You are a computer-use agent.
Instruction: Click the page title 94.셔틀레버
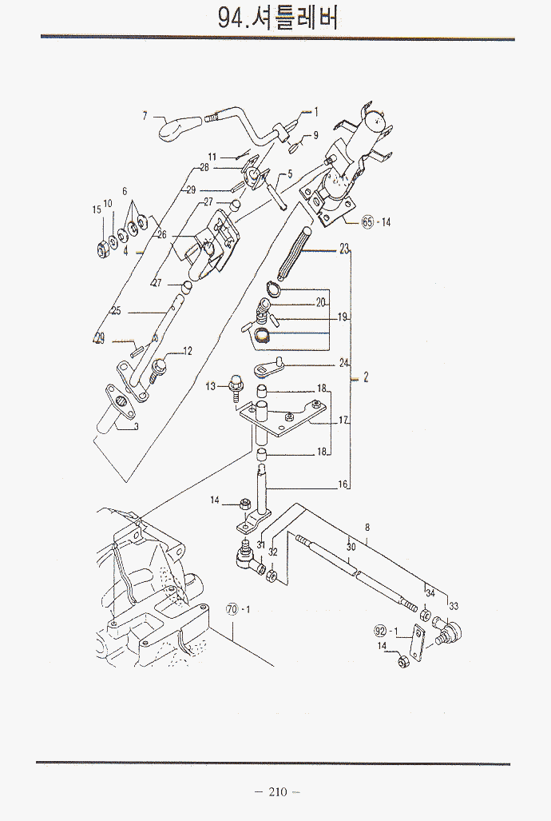click(278, 18)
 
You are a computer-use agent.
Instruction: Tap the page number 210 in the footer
click(277, 792)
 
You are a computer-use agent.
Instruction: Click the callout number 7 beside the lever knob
click(145, 116)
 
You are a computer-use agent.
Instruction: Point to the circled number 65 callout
click(367, 222)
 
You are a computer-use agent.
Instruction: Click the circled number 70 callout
click(232, 609)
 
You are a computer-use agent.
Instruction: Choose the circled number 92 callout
click(380, 631)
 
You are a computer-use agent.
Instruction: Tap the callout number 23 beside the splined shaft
click(344, 249)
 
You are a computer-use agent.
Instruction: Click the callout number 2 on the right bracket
click(365, 377)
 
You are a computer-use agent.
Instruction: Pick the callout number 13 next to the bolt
click(210, 387)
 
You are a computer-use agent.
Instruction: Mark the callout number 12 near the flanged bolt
click(188, 351)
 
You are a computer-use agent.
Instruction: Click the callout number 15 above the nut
click(97, 209)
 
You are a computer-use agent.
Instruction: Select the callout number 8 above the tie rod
click(367, 528)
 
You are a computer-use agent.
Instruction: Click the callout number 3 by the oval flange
click(136, 427)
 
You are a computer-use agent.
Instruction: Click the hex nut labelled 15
click(102, 249)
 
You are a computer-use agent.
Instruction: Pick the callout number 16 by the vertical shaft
click(343, 484)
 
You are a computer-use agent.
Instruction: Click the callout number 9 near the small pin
click(315, 136)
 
